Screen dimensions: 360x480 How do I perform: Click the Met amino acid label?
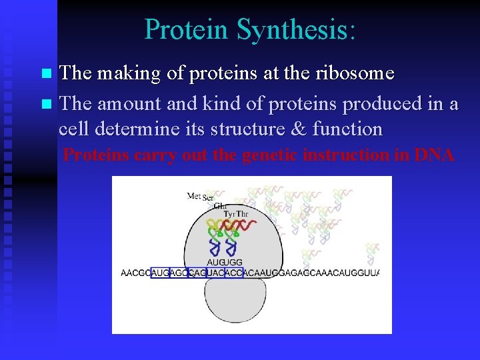193,196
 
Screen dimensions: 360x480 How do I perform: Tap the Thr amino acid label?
243,214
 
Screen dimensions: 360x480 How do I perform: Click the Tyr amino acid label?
229,214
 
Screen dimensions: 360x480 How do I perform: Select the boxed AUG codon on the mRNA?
161,273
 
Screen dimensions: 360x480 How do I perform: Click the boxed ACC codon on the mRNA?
233,273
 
